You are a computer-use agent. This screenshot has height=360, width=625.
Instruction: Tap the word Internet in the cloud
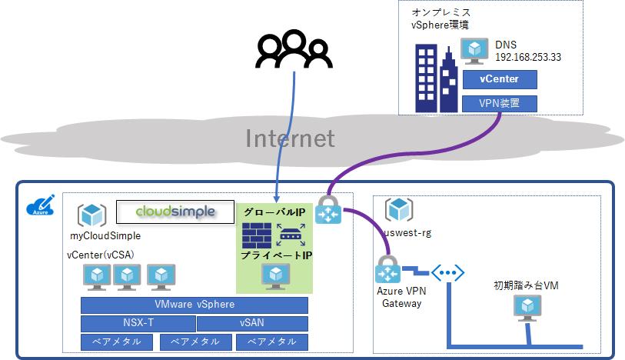coord(290,138)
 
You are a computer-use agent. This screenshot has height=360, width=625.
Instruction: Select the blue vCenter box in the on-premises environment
coord(499,79)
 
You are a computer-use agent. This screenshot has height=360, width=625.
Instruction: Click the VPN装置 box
coord(499,103)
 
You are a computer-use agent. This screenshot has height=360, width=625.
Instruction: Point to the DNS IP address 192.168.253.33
coord(527,56)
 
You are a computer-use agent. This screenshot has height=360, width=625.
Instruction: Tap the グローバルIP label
coord(274,211)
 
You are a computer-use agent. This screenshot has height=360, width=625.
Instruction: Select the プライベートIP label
coord(274,255)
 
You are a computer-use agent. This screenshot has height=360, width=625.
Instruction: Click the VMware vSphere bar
coord(194,305)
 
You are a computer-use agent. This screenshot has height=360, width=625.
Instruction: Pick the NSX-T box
coord(138,323)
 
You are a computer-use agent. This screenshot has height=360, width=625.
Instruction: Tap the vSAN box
coord(251,323)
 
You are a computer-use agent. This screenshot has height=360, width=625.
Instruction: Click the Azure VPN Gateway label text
coord(401,297)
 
